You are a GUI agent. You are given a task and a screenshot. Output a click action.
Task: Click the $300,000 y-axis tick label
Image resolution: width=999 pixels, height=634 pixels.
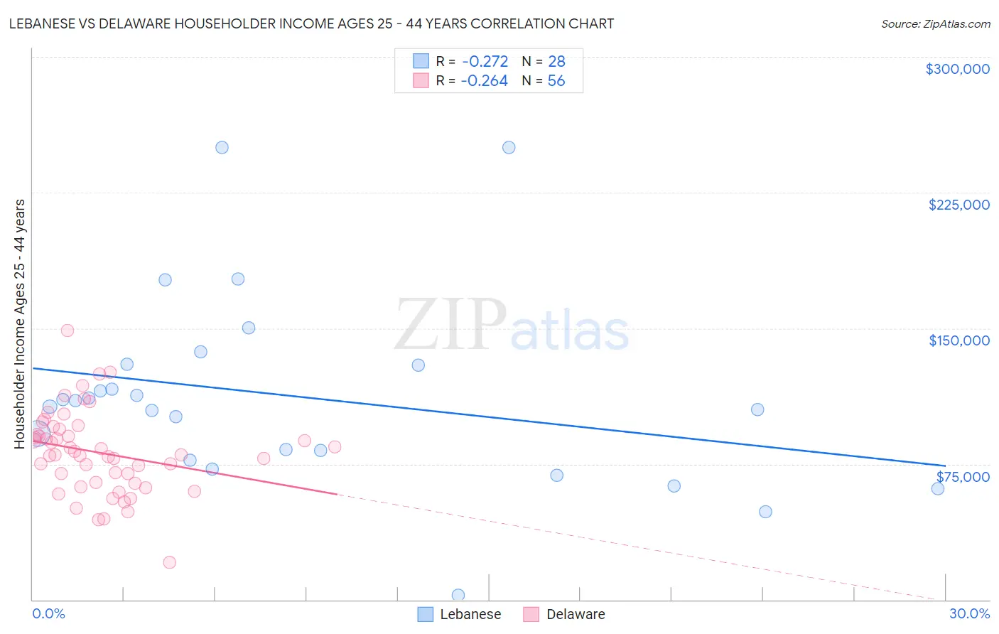(x=957, y=69)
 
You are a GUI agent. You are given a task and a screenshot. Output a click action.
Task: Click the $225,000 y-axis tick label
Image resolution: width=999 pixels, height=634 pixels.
(x=958, y=205)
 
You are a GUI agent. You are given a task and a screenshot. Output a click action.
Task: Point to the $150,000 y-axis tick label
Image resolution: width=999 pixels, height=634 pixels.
(x=958, y=340)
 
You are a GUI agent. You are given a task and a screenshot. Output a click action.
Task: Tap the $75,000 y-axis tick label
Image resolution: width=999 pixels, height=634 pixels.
(x=963, y=477)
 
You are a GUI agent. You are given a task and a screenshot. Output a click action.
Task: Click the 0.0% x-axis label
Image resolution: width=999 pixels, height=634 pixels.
(x=48, y=613)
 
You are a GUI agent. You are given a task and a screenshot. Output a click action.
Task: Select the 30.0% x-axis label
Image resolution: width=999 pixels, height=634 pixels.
(x=969, y=613)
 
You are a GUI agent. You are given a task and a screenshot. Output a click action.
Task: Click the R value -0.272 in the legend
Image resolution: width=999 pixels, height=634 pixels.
(x=485, y=62)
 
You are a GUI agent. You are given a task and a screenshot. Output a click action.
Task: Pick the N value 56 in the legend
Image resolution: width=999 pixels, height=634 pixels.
(x=556, y=81)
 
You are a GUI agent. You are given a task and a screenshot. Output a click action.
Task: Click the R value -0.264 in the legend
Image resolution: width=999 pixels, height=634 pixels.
(x=485, y=81)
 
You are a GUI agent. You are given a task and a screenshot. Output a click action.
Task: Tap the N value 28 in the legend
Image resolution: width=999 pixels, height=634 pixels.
(x=556, y=62)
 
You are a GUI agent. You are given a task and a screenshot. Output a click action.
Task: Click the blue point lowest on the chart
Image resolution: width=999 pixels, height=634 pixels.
(x=458, y=595)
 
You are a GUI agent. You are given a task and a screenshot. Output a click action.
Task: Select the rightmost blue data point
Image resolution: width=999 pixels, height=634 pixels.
(x=938, y=488)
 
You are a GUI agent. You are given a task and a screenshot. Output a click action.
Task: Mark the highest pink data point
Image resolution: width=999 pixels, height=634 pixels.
(x=67, y=331)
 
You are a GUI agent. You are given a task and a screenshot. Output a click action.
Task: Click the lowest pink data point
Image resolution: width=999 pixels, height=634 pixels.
(x=169, y=562)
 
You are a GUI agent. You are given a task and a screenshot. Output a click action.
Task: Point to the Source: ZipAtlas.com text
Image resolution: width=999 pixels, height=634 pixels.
(x=935, y=24)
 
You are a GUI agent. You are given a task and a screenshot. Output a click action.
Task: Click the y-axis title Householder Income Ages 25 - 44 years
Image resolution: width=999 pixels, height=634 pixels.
(x=20, y=324)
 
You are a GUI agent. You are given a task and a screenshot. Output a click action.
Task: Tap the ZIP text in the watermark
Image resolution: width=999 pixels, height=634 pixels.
(x=450, y=325)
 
